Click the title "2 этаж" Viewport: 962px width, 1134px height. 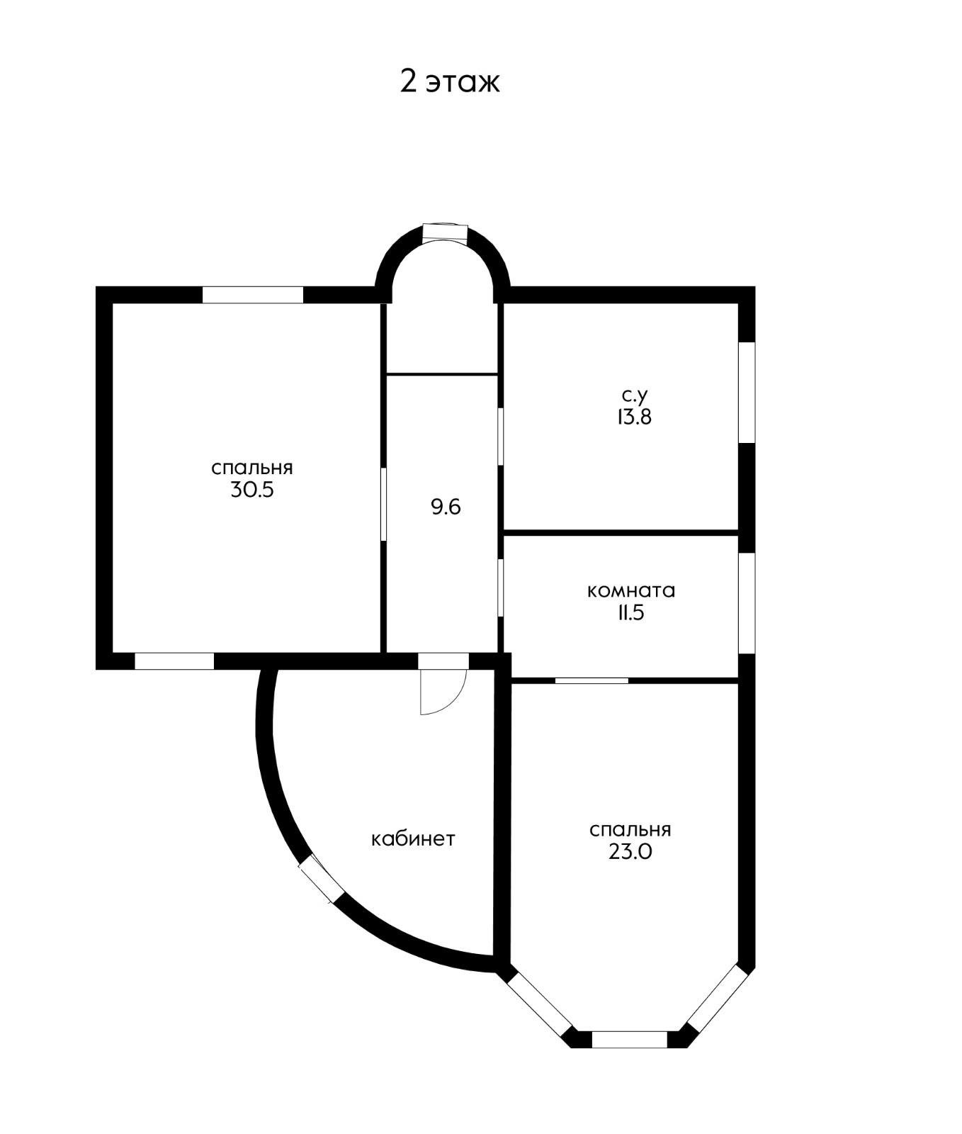click(450, 82)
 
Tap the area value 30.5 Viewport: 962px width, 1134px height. click(251, 490)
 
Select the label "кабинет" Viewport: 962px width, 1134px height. click(413, 838)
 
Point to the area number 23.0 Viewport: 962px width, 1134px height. click(630, 852)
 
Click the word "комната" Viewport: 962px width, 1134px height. click(631, 590)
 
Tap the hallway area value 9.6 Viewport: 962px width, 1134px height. click(446, 507)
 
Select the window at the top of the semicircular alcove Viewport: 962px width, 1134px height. click(445, 232)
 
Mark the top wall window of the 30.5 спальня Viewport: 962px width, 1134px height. click(253, 295)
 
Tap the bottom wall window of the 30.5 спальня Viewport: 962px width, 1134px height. click(174, 661)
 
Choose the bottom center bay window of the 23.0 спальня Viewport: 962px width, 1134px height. click(629, 1040)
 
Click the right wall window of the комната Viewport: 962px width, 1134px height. click(747, 602)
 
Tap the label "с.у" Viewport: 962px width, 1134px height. click(634, 395)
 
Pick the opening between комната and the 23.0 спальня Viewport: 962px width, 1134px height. click(592, 680)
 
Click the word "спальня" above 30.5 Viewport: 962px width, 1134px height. click(252, 468)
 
